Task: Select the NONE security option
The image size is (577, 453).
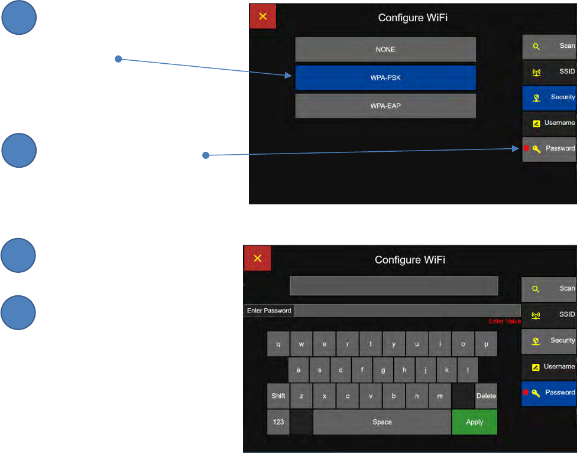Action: tap(385, 50)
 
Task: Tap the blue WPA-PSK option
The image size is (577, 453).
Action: tap(385, 78)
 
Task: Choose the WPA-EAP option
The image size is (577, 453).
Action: tap(385, 106)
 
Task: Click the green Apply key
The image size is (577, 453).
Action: tap(474, 422)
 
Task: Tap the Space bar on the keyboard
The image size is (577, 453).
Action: tap(382, 422)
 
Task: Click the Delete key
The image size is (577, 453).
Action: tap(486, 396)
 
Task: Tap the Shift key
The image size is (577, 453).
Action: tap(278, 396)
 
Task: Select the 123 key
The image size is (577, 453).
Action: tap(278, 422)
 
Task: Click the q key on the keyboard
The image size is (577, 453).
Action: tap(278, 344)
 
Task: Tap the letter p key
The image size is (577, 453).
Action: tap(486, 344)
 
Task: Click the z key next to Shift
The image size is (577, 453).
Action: tap(302, 396)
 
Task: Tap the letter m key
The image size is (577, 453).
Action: tap(440, 396)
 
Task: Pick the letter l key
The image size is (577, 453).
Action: tap(468, 370)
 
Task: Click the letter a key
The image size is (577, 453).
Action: tap(299, 370)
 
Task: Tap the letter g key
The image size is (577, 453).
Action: tap(383, 370)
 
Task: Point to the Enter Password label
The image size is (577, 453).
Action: tap(269, 311)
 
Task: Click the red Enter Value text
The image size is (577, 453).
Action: tap(504, 321)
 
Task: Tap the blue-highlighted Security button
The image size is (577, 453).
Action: tap(549, 97)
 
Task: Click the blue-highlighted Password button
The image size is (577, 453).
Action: tap(549, 393)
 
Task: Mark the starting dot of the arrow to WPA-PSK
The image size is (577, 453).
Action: tap(118, 59)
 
